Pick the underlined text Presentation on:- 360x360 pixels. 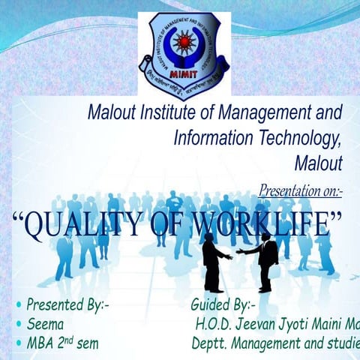(300, 191)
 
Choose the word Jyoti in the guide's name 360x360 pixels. (297, 325)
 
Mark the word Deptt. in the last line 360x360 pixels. (208, 344)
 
